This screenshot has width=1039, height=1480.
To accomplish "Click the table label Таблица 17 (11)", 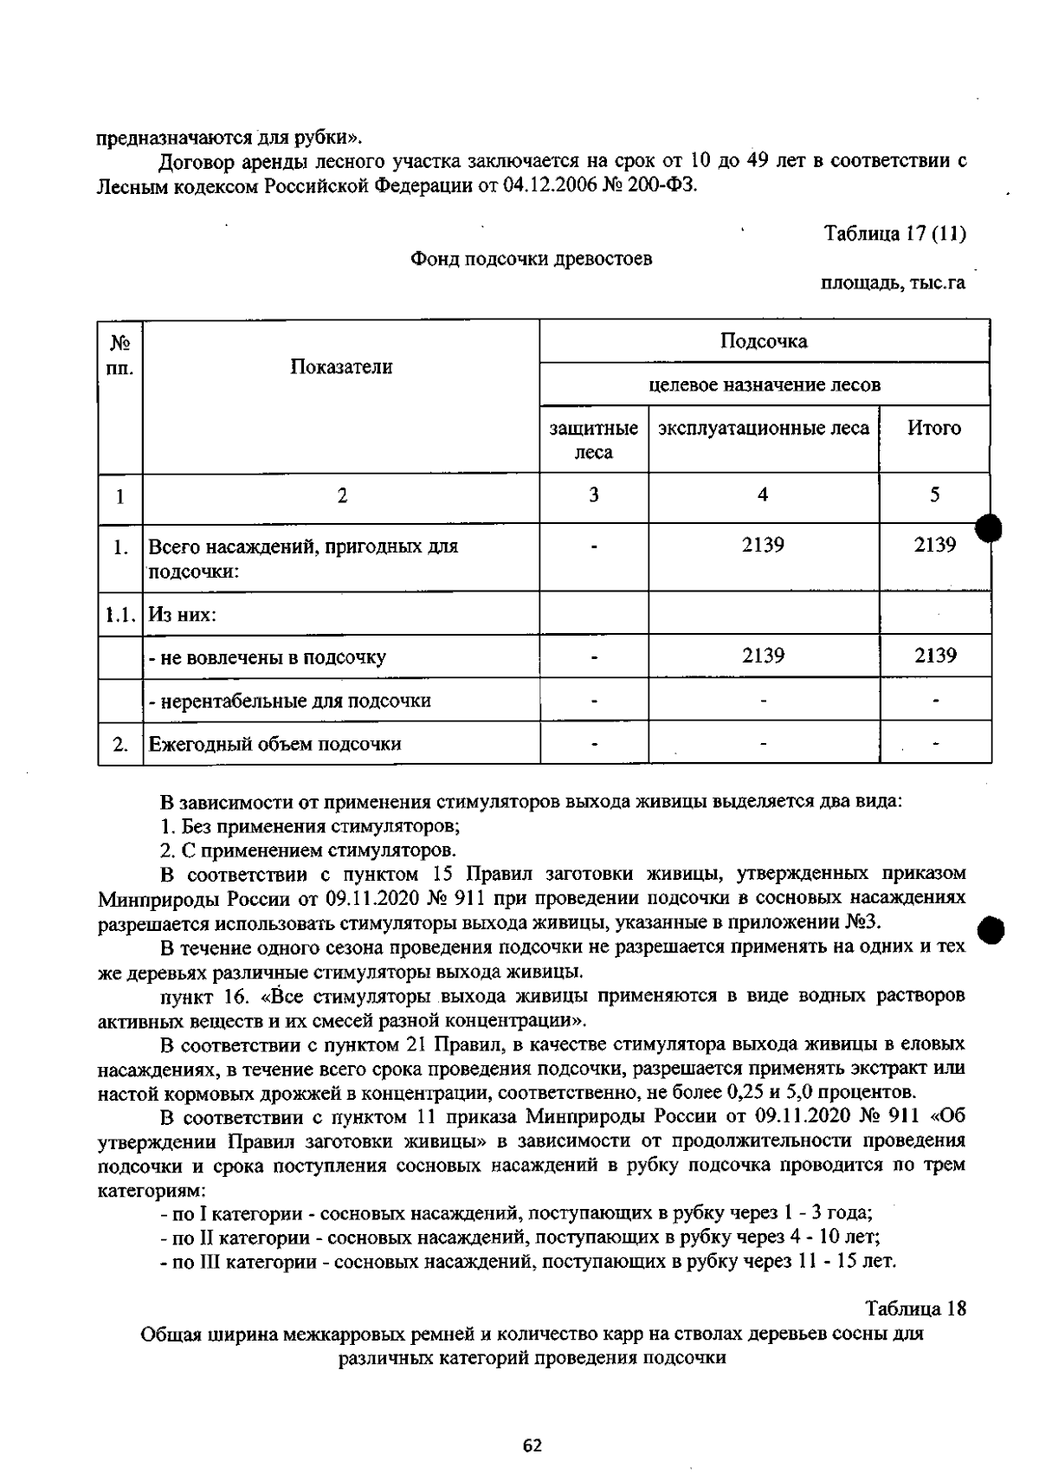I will click(x=894, y=234).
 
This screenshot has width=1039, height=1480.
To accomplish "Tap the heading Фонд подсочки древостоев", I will click(x=531, y=259).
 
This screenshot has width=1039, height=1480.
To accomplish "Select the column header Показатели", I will click(x=341, y=367).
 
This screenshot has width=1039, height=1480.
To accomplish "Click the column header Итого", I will click(x=934, y=428).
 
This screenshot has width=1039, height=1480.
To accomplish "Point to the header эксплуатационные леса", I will click(x=764, y=428).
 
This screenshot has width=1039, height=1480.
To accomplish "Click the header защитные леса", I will click(x=594, y=440).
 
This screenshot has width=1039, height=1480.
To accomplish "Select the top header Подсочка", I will click(x=764, y=341).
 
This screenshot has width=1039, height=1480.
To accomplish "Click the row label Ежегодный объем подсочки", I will click(x=275, y=744).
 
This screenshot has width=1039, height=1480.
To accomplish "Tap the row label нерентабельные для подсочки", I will click(x=290, y=701).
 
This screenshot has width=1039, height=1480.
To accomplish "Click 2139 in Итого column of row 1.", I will click(x=935, y=546).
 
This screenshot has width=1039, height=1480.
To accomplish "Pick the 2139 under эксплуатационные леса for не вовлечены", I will click(x=763, y=656).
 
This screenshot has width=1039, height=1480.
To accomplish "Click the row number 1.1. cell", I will click(x=120, y=615).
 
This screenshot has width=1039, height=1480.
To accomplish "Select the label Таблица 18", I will click(x=915, y=1308).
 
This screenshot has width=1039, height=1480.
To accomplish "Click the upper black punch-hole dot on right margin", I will click(x=991, y=527).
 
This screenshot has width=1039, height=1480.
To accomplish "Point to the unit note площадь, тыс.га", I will click(x=893, y=283).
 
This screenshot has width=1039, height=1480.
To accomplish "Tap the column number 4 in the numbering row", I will click(x=763, y=495).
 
